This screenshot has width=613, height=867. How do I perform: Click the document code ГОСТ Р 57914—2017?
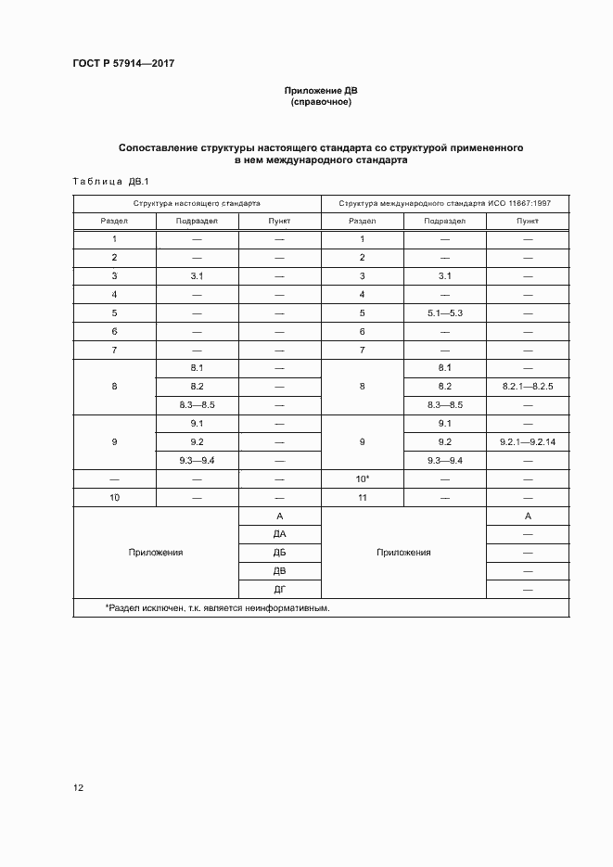click(123, 63)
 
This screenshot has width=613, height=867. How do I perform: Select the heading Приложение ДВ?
click(320, 91)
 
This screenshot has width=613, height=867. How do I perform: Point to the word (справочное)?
click(320, 102)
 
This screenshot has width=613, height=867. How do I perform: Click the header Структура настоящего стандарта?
click(196, 202)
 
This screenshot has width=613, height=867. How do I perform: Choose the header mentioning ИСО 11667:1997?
click(445, 202)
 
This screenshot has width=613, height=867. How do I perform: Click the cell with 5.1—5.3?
click(444, 312)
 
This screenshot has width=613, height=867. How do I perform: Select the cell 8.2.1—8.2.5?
click(528, 386)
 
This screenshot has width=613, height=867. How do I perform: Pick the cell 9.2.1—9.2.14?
click(528, 441)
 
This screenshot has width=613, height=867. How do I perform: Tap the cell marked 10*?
click(363, 478)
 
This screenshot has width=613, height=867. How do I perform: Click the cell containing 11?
click(363, 497)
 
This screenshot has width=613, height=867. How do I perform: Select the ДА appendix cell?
click(279, 534)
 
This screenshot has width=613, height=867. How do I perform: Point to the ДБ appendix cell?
click(279, 553)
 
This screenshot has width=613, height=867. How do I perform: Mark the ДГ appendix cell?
click(279, 590)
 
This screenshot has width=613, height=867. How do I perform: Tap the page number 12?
click(79, 788)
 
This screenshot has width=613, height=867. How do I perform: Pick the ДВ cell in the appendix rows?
click(279, 571)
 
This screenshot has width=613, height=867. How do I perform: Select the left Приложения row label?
click(156, 553)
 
